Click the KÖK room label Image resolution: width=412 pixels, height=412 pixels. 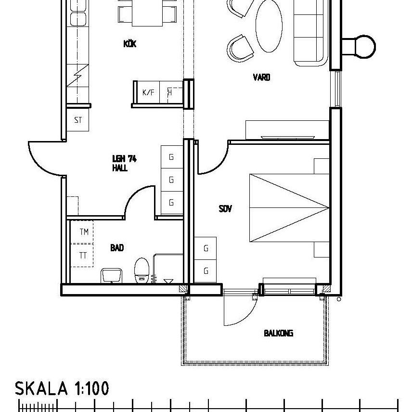[x=130, y=44]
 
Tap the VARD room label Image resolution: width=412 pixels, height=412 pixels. [x=261, y=77]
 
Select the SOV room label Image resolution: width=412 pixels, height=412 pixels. [x=225, y=209]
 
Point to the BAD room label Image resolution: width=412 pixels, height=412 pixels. [x=117, y=248]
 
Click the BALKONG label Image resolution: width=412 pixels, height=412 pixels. [x=278, y=333]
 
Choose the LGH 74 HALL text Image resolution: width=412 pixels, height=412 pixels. [x=124, y=163]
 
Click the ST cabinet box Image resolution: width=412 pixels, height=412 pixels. [x=78, y=120]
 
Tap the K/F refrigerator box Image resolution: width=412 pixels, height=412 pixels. [x=148, y=92]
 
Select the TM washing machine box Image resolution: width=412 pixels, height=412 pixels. [x=84, y=232]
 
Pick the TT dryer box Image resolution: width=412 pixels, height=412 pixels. [x=83, y=256]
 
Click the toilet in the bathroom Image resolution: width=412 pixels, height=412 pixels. [x=142, y=270]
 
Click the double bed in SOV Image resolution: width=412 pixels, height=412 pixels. [x=289, y=208]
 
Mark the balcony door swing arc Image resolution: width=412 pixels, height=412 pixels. [x=241, y=313]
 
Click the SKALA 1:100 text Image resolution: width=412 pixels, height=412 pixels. [x=62, y=388]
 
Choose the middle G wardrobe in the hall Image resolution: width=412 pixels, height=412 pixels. [x=171, y=180]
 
